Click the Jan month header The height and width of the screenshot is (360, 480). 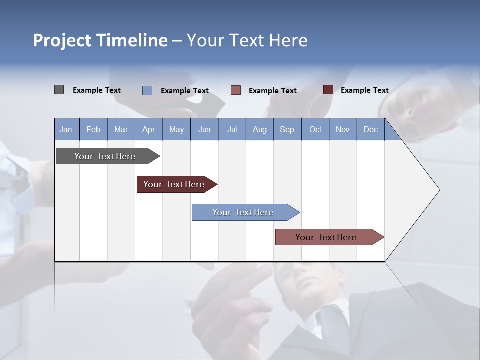pyautogui.click(x=66, y=130)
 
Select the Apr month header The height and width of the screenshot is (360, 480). pyautogui.click(x=148, y=130)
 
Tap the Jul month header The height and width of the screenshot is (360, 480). pyautogui.click(x=232, y=130)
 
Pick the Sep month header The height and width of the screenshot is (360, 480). pyautogui.click(x=287, y=130)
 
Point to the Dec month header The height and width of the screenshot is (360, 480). pyautogui.click(x=370, y=130)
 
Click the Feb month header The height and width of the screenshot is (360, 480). pyautogui.click(x=93, y=130)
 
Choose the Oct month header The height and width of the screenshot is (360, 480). pyautogui.click(x=315, y=130)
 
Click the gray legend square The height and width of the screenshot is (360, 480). pyautogui.click(x=59, y=90)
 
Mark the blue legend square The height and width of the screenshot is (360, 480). pyautogui.click(x=147, y=90)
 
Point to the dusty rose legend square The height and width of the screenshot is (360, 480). pyautogui.click(x=236, y=90)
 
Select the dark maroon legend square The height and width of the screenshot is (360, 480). pyautogui.click(x=328, y=90)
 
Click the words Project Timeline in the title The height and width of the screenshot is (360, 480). pyautogui.click(x=100, y=40)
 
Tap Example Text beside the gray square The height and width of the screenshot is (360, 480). pyautogui.click(x=97, y=90)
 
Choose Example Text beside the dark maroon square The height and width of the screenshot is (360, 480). pyautogui.click(x=365, y=90)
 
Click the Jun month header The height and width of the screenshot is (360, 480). pyautogui.click(x=204, y=130)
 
